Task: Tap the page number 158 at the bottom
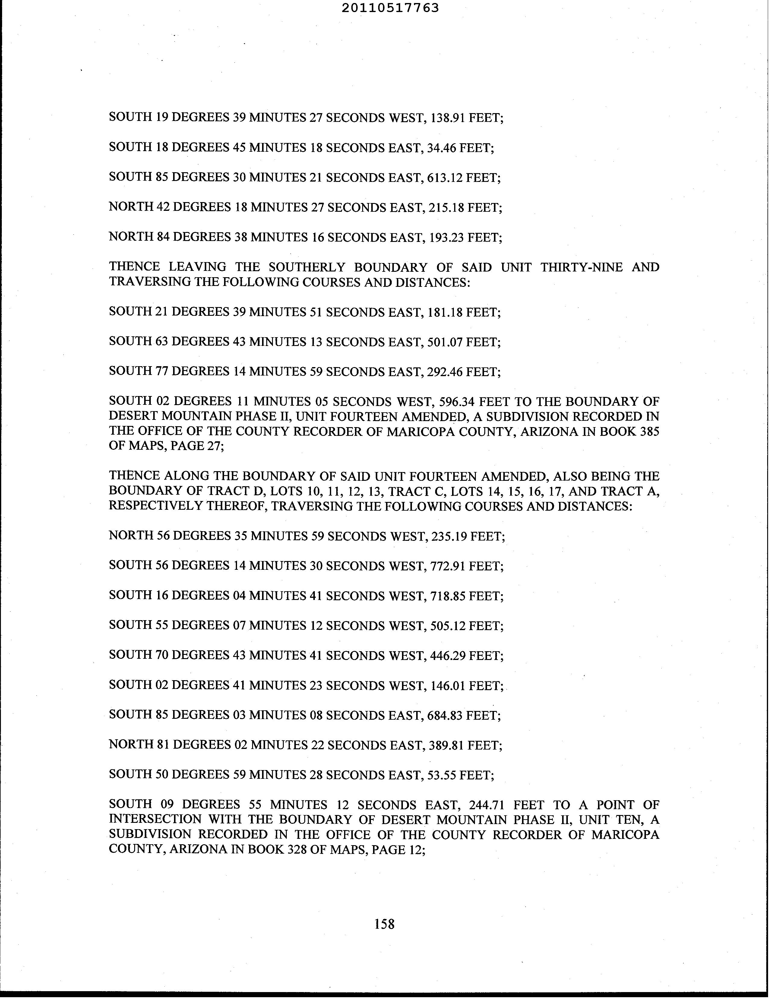[x=384, y=924]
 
